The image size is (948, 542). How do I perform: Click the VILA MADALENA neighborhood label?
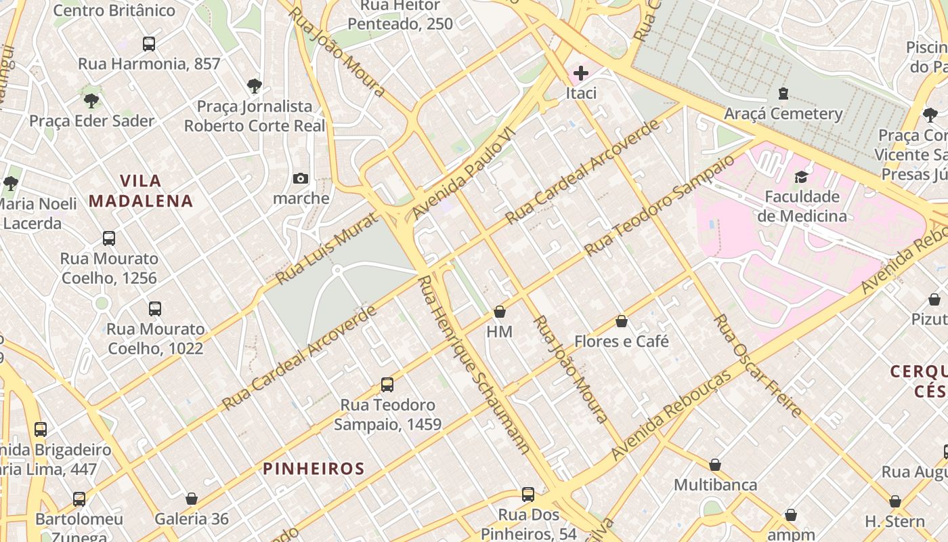coord(141,191)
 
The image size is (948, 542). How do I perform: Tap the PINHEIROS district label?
coord(314,468)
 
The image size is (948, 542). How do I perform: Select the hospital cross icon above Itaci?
coord(580,72)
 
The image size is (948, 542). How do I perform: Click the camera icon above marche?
coord(301,178)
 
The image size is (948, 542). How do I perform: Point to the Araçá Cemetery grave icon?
coord(783,93)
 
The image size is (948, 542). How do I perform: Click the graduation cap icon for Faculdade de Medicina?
coord(802,177)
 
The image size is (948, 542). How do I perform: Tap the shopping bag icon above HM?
coord(500,312)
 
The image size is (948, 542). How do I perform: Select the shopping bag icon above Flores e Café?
coord(622,321)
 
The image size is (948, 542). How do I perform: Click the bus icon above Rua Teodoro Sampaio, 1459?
coord(387,385)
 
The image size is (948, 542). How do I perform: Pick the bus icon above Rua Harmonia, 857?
coord(149,44)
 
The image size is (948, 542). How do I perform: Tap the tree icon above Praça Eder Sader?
coord(91,101)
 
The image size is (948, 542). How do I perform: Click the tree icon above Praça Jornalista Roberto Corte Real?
coord(255,86)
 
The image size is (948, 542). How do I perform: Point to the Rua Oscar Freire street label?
coord(758,366)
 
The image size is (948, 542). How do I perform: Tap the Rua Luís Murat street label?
coord(328,248)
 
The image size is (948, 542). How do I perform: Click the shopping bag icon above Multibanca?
coord(715,465)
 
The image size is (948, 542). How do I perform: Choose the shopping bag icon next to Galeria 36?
coord(192,499)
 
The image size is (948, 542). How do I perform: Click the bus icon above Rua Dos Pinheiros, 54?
coord(528,495)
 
